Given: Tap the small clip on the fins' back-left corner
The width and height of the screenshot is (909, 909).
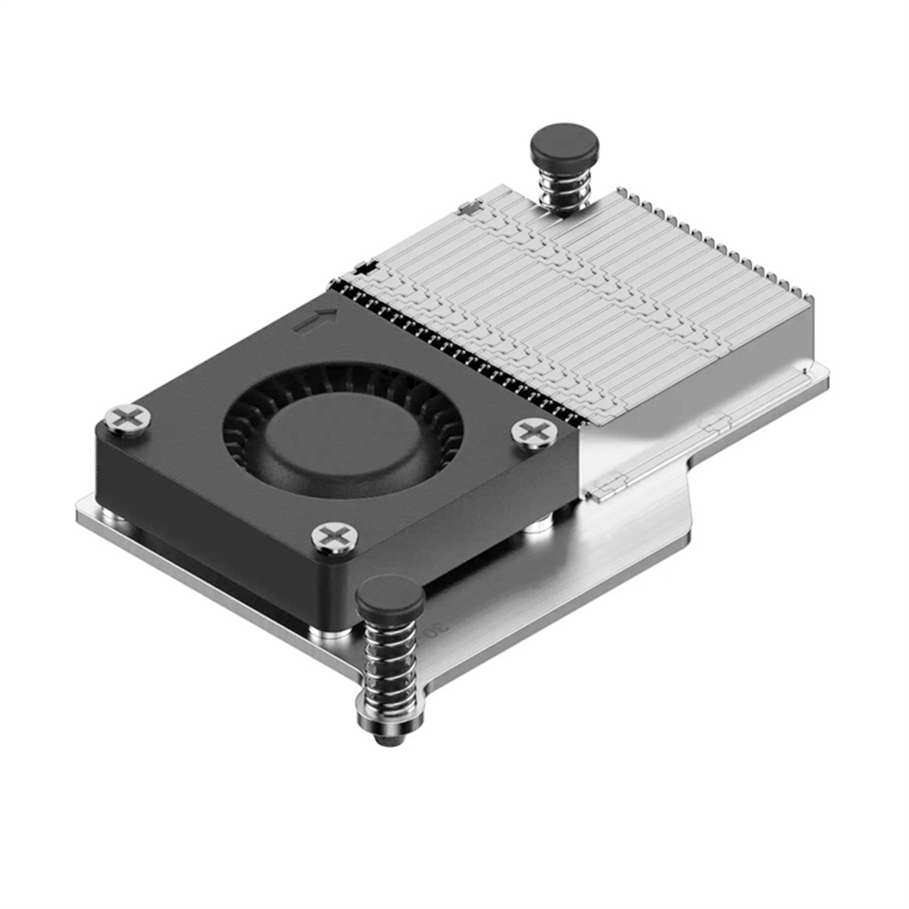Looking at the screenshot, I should (467, 206).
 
